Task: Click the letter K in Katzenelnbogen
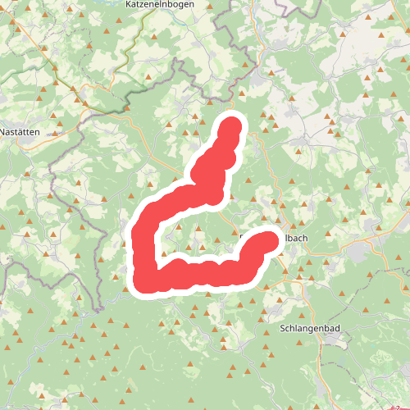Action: point(130,5)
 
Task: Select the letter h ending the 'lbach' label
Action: point(305,239)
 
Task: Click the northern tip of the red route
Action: point(232,125)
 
